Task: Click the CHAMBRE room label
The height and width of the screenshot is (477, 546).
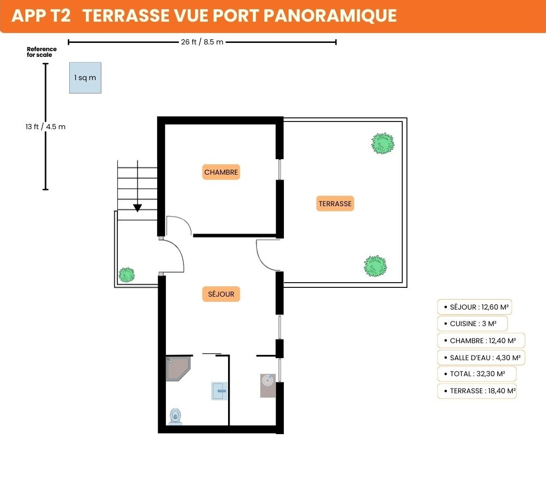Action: pyautogui.click(x=221, y=172)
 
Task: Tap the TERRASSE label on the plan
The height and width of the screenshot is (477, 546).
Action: pyautogui.click(x=335, y=204)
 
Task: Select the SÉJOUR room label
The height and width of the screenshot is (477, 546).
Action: pyautogui.click(x=221, y=294)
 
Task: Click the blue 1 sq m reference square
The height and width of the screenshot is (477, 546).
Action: pyautogui.click(x=85, y=78)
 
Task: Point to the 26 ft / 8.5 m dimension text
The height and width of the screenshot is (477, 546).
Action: pyautogui.click(x=202, y=42)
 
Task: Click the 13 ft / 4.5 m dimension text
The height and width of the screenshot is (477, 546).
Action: pyautogui.click(x=45, y=127)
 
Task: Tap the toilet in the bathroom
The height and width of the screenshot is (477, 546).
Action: pyautogui.click(x=175, y=417)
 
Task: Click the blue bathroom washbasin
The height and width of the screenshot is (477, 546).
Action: pyautogui.click(x=219, y=391)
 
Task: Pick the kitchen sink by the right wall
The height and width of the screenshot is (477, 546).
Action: pyautogui.click(x=268, y=386)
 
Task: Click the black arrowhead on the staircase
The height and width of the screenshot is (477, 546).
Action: pyautogui.click(x=138, y=208)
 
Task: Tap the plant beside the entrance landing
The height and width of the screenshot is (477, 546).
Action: pyautogui.click(x=126, y=275)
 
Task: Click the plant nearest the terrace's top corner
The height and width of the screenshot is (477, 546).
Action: pyautogui.click(x=383, y=143)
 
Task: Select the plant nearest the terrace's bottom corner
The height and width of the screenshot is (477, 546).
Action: pyautogui.click(x=375, y=266)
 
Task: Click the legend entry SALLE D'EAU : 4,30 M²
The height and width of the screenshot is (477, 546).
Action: pyautogui.click(x=481, y=358)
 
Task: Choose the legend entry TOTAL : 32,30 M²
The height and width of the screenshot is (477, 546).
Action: pyautogui.click(x=477, y=374)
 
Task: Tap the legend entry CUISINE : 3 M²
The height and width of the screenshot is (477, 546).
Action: pyautogui.click(x=473, y=324)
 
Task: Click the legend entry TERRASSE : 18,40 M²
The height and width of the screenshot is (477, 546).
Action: pyautogui.click(x=477, y=391)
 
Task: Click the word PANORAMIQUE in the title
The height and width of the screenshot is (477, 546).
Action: pyautogui.click(x=330, y=16)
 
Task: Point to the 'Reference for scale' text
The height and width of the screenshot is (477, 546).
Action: pyautogui.click(x=41, y=52)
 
